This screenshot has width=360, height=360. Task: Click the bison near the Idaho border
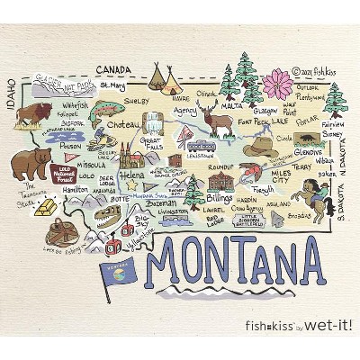point(35,116)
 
